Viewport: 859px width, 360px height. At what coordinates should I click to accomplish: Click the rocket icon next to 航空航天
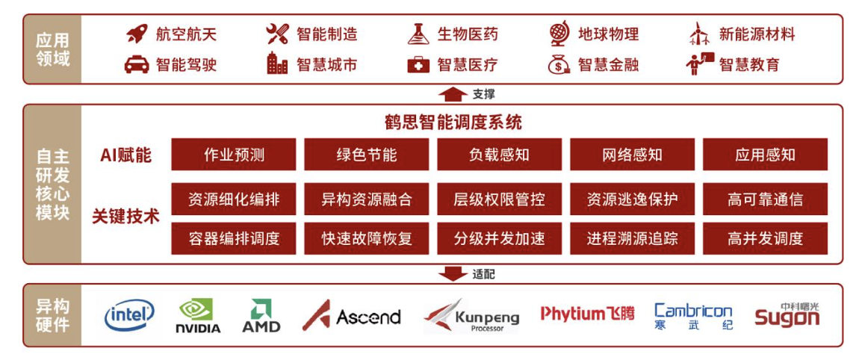[137, 34]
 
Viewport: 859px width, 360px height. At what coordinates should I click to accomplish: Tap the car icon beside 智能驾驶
[137, 65]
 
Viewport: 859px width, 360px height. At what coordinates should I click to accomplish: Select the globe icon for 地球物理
[559, 34]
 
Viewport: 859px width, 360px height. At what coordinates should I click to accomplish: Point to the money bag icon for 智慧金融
[559, 65]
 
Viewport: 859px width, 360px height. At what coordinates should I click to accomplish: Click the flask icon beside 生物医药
[418, 34]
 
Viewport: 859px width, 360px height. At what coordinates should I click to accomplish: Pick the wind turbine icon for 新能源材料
[701, 34]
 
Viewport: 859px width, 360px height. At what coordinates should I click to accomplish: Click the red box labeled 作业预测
[234, 155]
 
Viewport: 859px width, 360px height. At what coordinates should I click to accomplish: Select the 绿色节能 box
[367, 155]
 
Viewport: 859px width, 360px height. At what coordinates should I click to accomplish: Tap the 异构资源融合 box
[367, 199]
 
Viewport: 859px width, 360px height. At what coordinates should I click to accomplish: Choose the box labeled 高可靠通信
[766, 199]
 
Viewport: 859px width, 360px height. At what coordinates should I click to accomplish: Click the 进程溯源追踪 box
[632, 238]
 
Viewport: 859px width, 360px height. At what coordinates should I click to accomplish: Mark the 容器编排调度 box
[234, 238]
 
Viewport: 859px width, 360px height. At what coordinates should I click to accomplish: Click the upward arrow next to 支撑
[453, 94]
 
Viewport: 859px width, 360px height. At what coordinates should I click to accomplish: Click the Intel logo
[129, 315]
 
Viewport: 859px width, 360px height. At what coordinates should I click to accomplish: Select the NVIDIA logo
[198, 316]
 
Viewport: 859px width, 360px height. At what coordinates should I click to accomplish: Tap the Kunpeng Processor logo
[472, 316]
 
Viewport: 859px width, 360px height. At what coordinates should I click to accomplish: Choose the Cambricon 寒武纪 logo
[693, 316]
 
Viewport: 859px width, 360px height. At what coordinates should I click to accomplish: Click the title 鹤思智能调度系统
[453, 122]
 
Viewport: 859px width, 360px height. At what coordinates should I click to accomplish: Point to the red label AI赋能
[125, 155]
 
